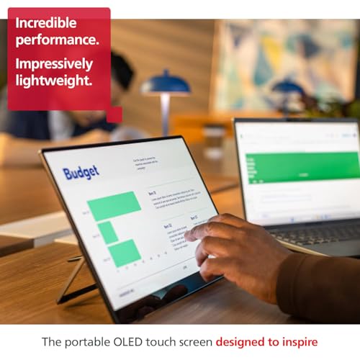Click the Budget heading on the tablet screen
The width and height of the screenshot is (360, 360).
(x=81, y=173)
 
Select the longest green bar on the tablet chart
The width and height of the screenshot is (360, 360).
(x=114, y=205)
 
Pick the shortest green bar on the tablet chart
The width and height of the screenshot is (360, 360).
(x=107, y=232)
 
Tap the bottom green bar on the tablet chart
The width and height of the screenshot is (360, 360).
(x=124, y=252)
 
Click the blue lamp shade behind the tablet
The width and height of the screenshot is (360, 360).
(x=165, y=84)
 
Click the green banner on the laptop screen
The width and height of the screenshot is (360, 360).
(x=302, y=167)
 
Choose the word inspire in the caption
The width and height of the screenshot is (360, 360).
(x=298, y=342)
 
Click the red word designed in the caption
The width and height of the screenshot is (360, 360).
(x=243, y=342)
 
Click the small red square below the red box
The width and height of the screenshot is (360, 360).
(x=114, y=115)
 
